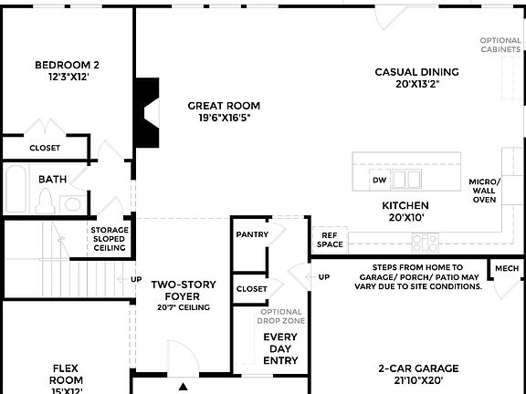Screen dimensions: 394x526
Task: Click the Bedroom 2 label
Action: click(67, 65)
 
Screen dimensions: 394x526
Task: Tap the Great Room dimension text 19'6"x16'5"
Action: click(225, 118)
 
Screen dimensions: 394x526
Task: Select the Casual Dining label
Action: click(416, 72)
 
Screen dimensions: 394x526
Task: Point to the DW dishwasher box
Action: click(380, 180)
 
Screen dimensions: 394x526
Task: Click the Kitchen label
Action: click(405, 206)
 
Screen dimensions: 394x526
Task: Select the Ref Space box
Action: click(330, 240)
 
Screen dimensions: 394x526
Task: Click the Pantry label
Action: click(251, 234)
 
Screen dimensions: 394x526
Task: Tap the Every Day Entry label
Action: click(280, 349)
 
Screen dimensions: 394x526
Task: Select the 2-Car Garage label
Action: click(418, 368)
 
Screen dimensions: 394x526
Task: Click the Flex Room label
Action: click(67, 374)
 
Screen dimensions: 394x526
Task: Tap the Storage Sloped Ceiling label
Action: click(109, 239)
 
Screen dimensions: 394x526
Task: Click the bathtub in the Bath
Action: click(16, 189)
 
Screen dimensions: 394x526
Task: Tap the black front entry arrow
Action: click(184, 387)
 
